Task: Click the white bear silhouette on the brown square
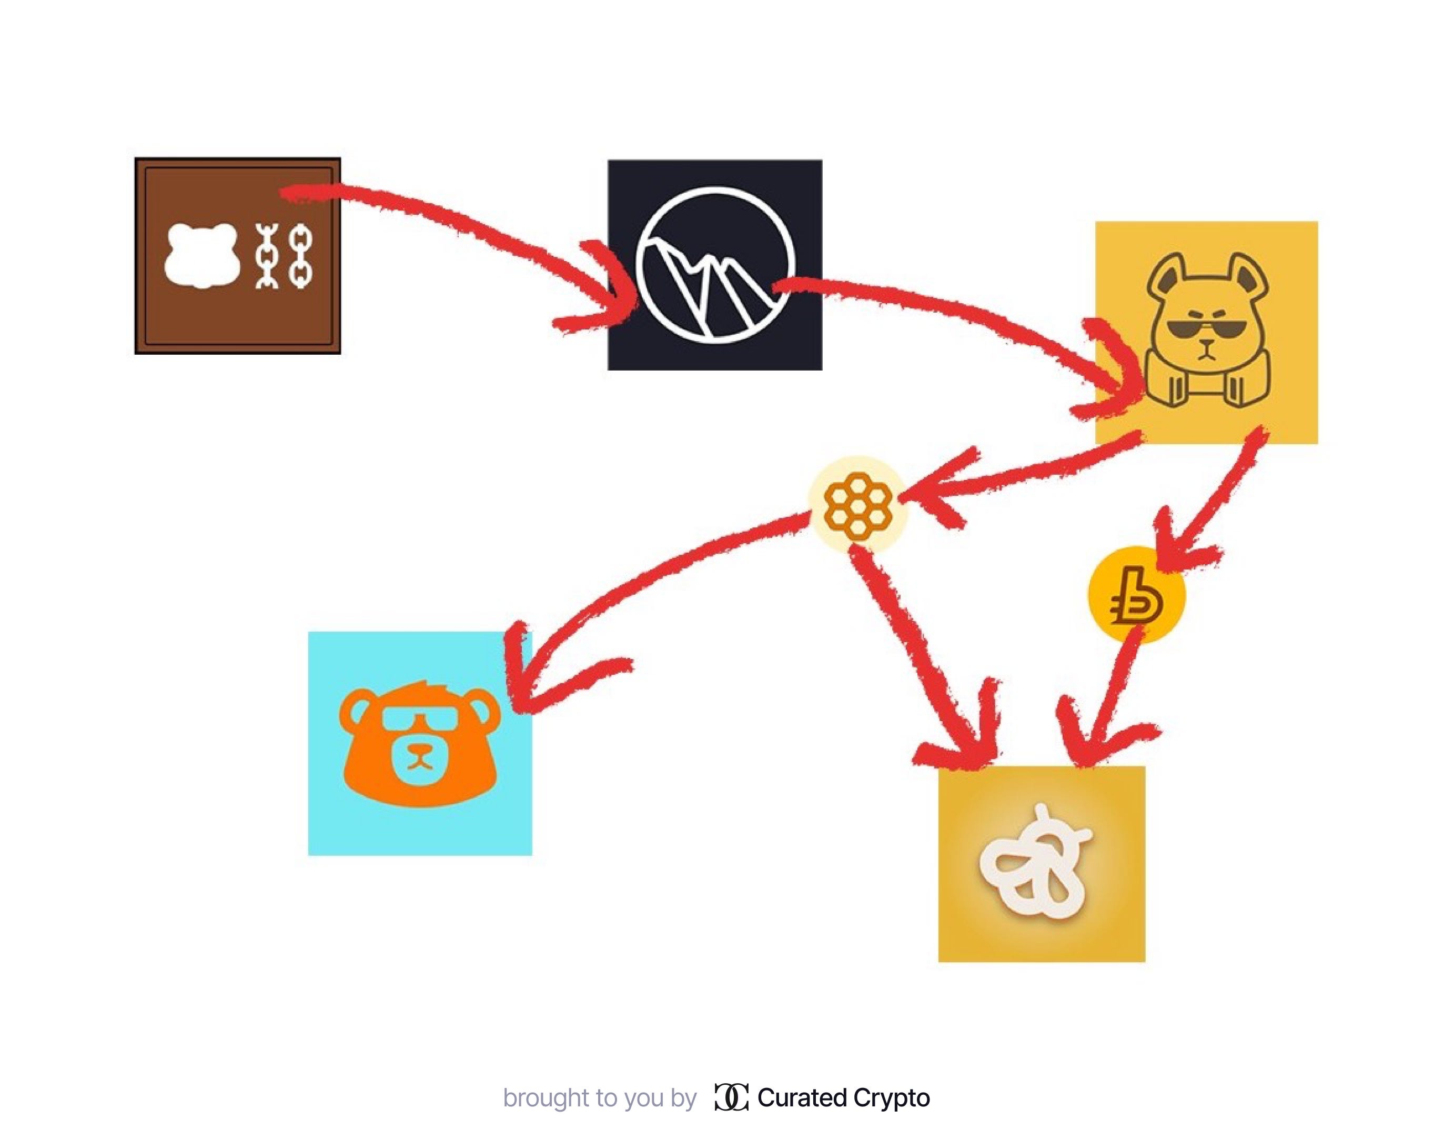(201, 255)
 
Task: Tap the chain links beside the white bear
(284, 256)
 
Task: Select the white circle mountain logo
(715, 265)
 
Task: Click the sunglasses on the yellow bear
(1207, 329)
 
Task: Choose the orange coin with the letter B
(1136, 594)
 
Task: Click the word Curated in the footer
(802, 1098)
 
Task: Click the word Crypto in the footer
(891, 1098)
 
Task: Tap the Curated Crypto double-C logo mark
(731, 1098)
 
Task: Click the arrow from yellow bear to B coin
(1217, 492)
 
